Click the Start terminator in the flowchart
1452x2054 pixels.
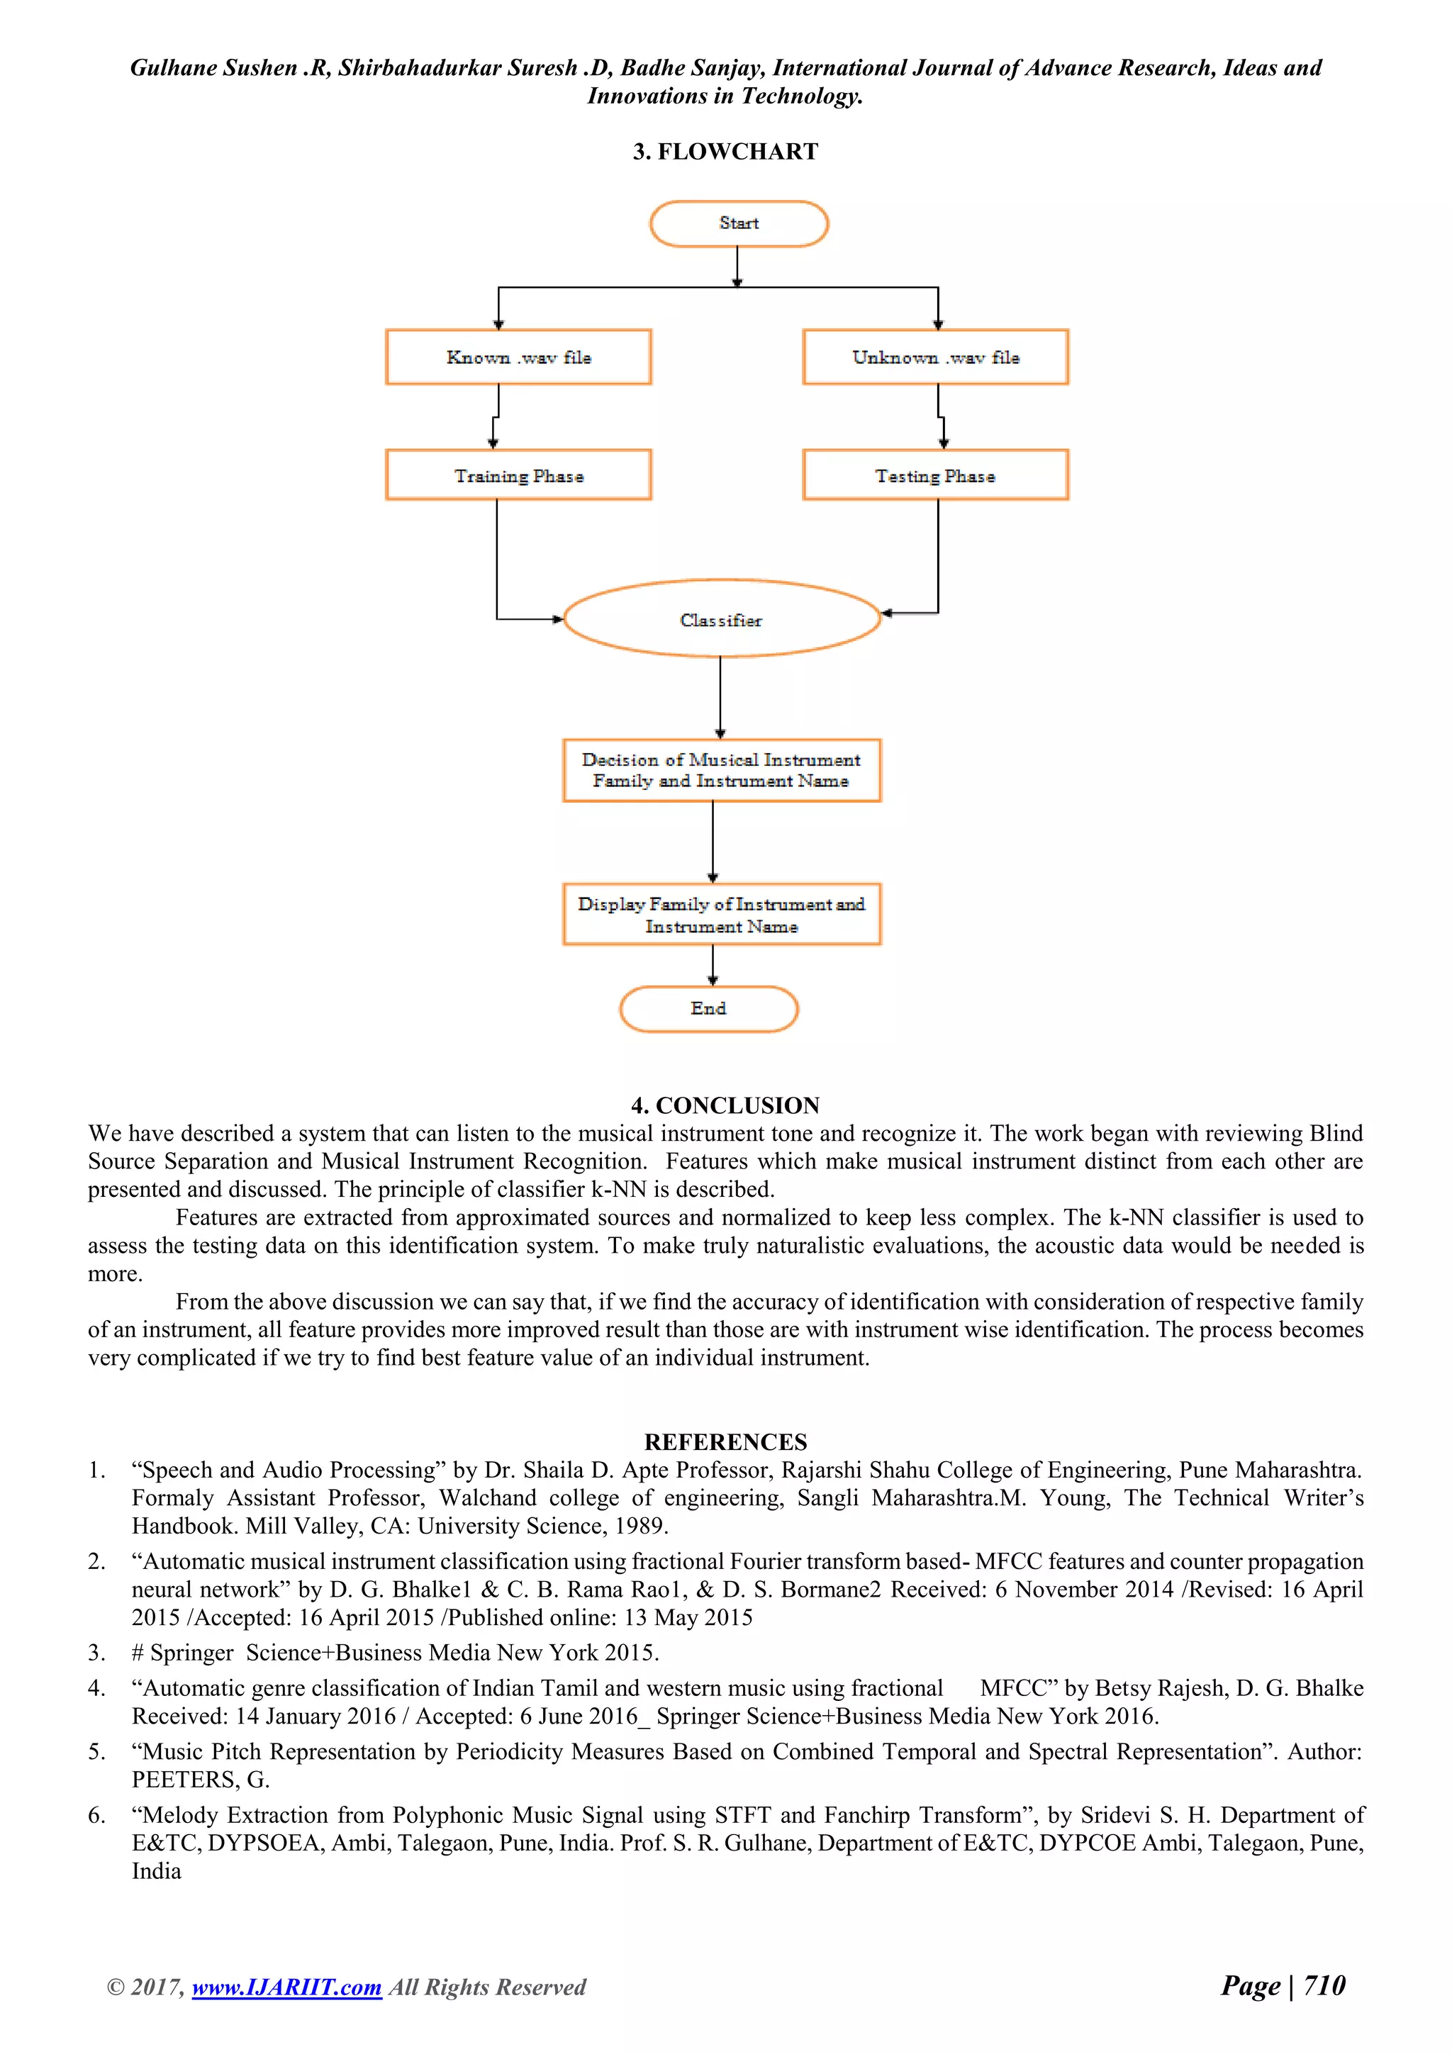tap(738, 223)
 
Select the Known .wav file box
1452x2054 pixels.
tap(518, 357)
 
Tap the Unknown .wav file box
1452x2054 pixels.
tap(935, 357)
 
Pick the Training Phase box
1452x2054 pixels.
tap(518, 475)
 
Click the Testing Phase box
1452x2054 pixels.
tap(935, 475)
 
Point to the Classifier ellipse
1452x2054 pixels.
tap(721, 619)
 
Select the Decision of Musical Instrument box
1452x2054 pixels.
tap(721, 770)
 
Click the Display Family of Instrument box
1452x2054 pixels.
tap(721, 915)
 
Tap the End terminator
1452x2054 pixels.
tap(708, 1008)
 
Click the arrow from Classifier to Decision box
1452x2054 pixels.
tap(720, 698)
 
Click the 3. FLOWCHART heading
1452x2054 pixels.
tap(725, 151)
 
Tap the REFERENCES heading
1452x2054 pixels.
tap(725, 1441)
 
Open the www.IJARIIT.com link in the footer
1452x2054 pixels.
tap(286, 1986)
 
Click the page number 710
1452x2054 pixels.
tap(1324, 1985)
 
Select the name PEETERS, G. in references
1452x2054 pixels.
tap(201, 1780)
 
